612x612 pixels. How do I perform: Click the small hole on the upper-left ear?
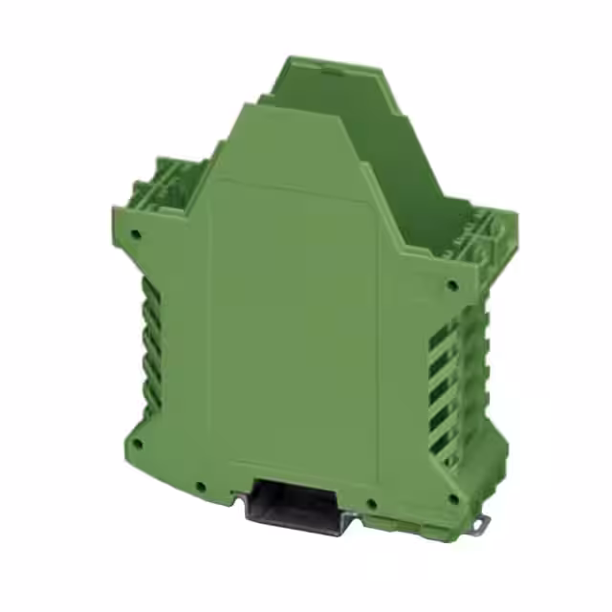tap(138, 231)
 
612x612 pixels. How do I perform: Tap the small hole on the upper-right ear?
tap(451, 284)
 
